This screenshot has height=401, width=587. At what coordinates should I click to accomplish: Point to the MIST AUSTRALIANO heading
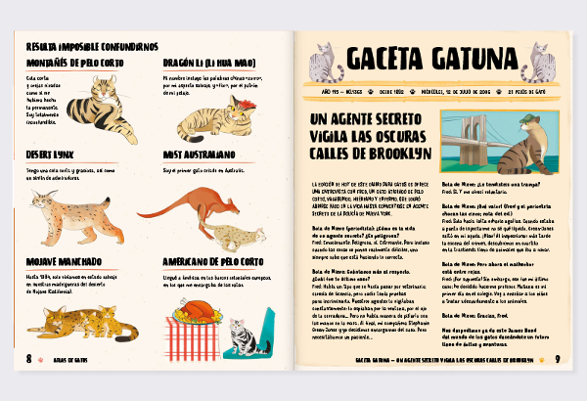click(x=199, y=155)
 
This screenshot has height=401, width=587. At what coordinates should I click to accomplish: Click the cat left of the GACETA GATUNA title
click(x=323, y=61)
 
